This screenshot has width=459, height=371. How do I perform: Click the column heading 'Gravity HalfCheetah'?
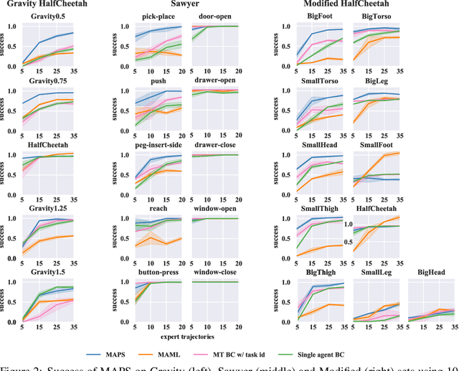click(48, 5)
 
